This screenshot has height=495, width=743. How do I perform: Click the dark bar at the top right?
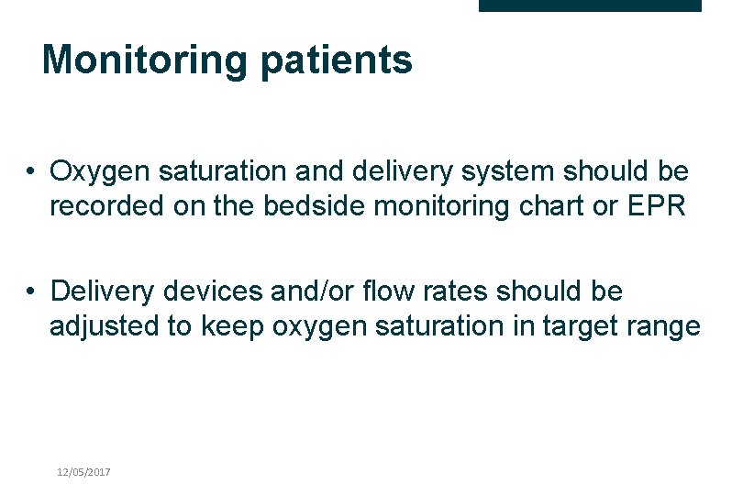(x=590, y=5)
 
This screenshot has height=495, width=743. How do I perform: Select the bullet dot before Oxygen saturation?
(x=31, y=171)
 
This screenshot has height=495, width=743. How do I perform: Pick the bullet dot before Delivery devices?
(x=31, y=291)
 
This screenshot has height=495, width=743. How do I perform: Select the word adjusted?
(x=104, y=326)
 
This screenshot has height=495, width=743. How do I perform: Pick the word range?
(x=668, y=326)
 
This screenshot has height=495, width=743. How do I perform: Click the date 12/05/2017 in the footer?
(x=83, y=471)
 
